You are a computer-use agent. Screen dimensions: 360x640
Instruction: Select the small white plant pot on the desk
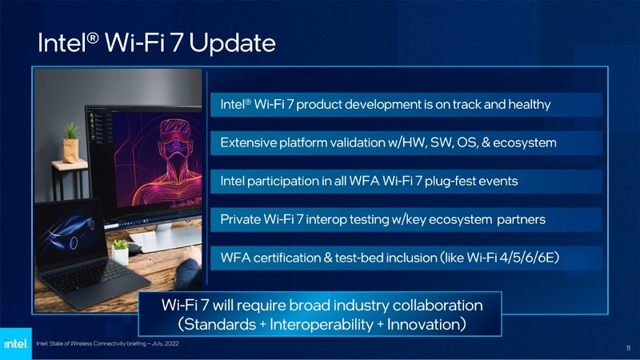click(120, 254)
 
